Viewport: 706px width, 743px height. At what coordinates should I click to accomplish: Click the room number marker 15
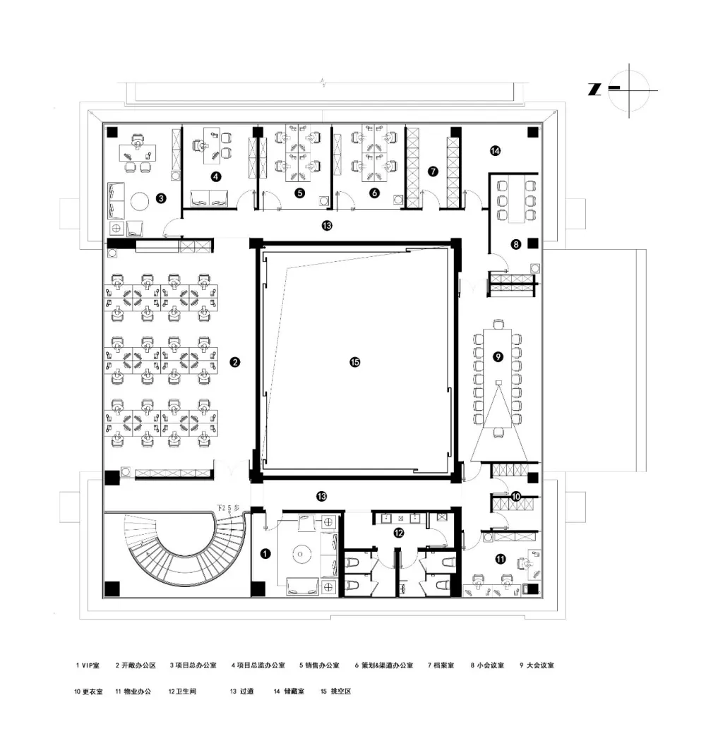tap(354, 362)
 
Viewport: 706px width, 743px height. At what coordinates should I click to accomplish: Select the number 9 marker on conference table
tap(498, 357)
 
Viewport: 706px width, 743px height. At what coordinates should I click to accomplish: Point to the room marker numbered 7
tap(433, 171)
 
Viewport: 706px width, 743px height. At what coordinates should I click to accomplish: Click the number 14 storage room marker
tap(495, 150)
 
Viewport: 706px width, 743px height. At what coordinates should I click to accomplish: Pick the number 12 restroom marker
tap(399, 533)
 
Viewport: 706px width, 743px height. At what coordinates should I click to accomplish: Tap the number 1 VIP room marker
tap(265, 554)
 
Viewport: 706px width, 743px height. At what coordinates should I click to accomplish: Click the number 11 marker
tap(501, 559)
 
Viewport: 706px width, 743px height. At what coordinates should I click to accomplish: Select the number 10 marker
tap(515, 497)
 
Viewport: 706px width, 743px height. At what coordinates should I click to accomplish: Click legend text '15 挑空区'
tap(335, 691)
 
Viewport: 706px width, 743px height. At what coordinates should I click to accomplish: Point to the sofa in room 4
tap(210, 198)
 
